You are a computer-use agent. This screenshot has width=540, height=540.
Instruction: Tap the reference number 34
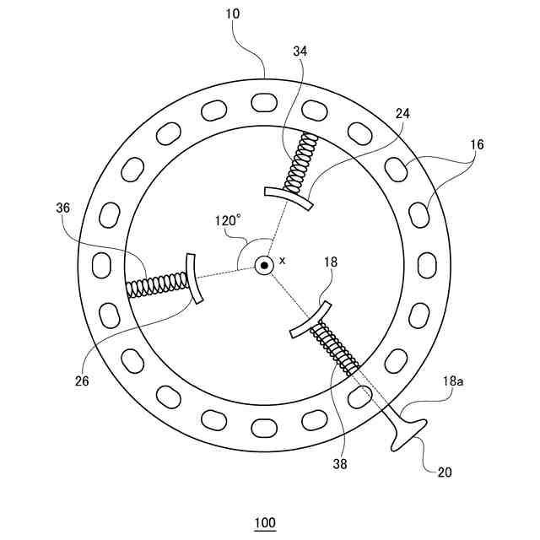[x=300, y=51]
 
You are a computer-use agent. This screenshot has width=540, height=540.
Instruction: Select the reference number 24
[x=402, y=112]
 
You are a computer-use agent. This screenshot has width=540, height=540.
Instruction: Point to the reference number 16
[x=477, y=145]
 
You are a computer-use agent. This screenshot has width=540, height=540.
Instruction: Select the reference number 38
[x=339, y=462]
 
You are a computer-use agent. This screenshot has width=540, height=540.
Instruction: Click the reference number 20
[x=445, y=472]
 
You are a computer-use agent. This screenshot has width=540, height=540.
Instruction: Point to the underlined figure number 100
[x=265, y=523]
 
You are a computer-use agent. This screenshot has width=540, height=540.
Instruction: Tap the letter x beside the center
[x=282, y=261]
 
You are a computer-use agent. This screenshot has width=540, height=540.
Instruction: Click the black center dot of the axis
[x=264, y=266]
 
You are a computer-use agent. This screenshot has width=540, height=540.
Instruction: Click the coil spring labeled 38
[x=337, y=349]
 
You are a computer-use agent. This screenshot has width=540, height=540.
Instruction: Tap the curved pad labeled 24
[x=288, y=198]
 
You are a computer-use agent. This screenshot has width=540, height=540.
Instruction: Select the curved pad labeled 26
[x=194, y=278]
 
